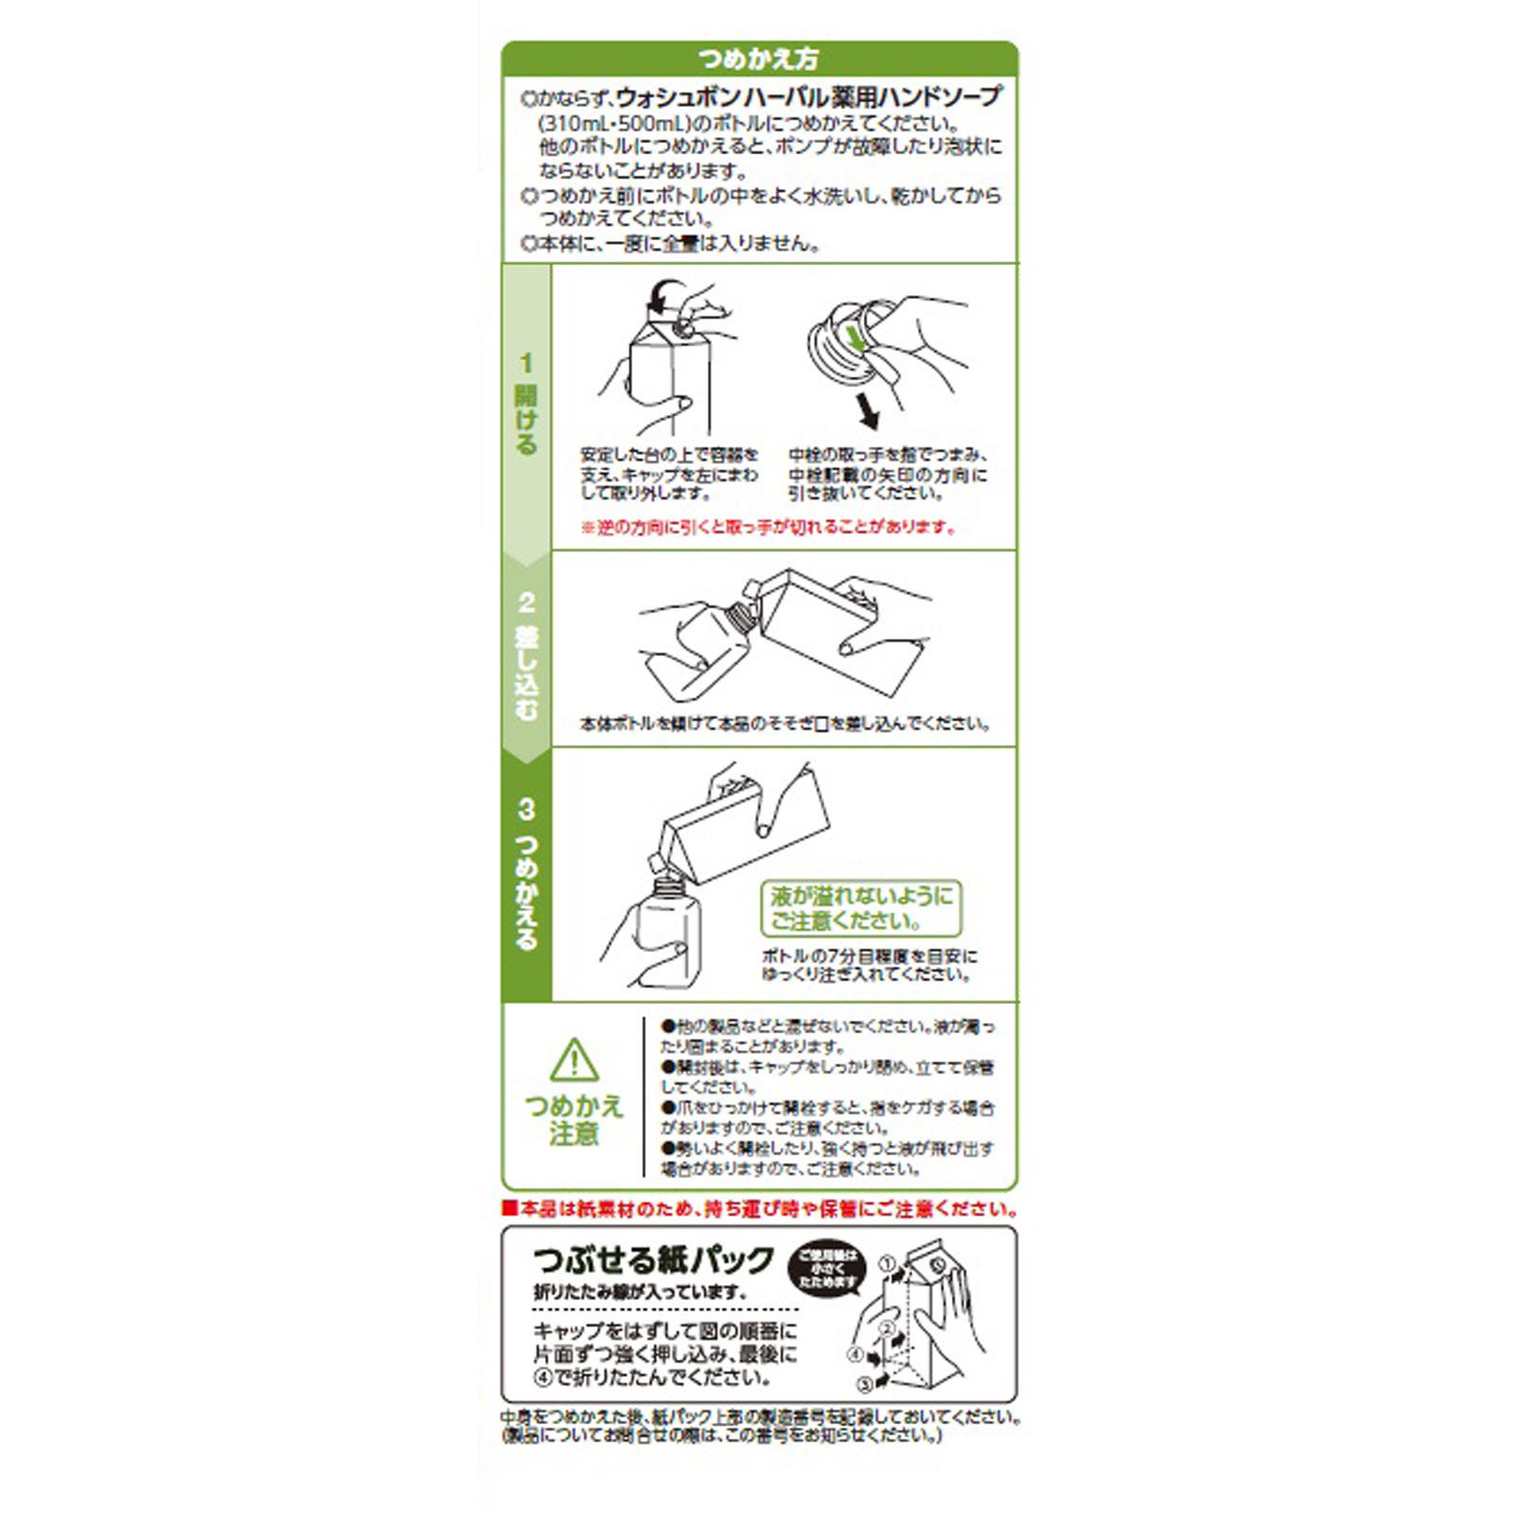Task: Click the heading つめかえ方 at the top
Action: point(758,59)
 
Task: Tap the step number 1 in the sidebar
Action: point(526,363)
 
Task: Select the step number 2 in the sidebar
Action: point(526,603)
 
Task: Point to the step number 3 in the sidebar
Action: point(526,810)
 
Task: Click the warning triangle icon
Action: point(573,1061)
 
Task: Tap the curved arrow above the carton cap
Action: point(665,293)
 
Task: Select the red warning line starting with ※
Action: point(768,527)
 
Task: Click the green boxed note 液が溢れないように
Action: point(860,908)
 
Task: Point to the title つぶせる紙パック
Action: point(654,1261)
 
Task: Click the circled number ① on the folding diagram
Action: point(887,1263)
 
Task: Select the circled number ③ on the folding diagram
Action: point(864,1384)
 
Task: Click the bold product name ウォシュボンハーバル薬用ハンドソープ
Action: point(809,97)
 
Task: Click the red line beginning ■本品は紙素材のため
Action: point(760,1209)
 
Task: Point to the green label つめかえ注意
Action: point(573,1118)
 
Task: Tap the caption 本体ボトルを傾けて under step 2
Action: point(784,724)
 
